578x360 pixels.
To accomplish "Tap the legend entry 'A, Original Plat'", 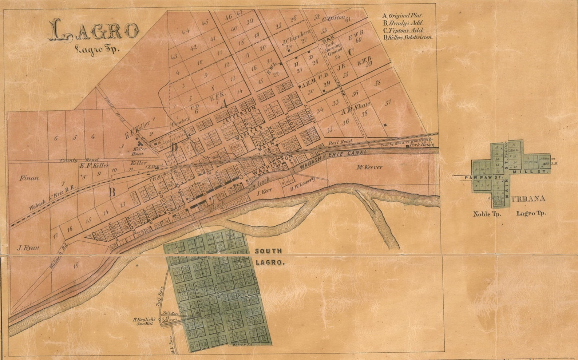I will [x=403, y=16].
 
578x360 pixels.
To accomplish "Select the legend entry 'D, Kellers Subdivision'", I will [x=407, y=37].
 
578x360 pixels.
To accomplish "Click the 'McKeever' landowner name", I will [x=369, y=167].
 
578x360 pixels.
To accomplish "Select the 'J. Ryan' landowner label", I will [x=28, y=248].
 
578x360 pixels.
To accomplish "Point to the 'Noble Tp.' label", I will [x=487, y=214].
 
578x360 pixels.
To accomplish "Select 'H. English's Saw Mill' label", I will [x=146, y=321].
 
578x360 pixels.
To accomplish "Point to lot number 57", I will [x=388, y=102].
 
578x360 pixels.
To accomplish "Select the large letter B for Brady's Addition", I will [x=112, y=192].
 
